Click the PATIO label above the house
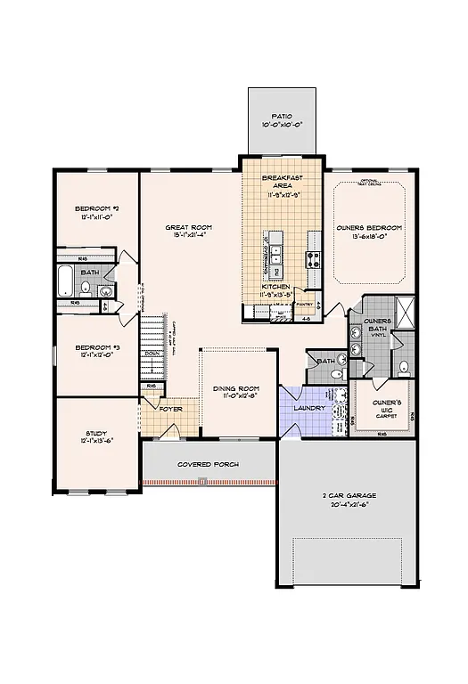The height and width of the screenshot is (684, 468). pyautogui.click(x=282, y=117)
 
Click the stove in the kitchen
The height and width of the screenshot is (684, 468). pyautogui.click(x=313, y=260)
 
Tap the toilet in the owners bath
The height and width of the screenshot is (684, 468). pyautogui.click(x=402, y=366)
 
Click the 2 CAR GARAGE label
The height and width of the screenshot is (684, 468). pyautogui.click(x=349, y=495)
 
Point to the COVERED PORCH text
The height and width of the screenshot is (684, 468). pyautogui.click(x=207, y=465)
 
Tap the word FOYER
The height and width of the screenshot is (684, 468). pyautogui.click(x=170, y=410)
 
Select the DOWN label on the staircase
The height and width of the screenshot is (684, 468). pyautogui.click(x=152, y=354)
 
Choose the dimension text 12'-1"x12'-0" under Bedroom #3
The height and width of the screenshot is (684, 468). pyautogui.click(x=93, y=355)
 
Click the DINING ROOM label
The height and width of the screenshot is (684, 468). pyautogui.click(x=235, y=389)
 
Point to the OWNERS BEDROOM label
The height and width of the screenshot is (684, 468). pyautogui.click(x=369, y=228)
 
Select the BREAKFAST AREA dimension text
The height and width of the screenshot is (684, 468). pyautogui.click(x=280, y=193)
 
